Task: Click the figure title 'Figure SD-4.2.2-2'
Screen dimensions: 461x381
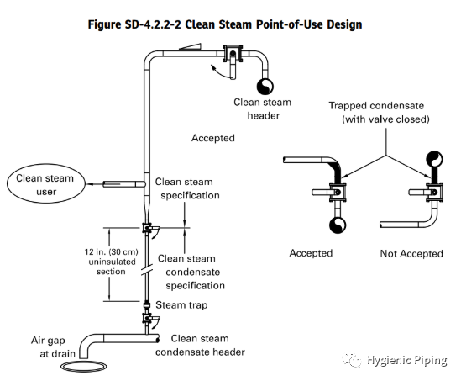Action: pyautogui.click(x=134, y=24)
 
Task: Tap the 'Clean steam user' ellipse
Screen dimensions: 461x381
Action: pyautogui.click(x=46, y=183)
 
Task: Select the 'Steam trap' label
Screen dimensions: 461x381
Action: pyautogui.click(x=181, y=305)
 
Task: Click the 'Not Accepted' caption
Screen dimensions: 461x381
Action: pyautogui.click(x=411, y=253)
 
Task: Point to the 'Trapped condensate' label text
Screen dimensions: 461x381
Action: pyautogui.click(x=376, y=106)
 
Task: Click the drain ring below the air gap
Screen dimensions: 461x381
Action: pyautogui.click(x=84, y=366)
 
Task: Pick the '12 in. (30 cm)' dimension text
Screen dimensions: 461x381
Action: pyautogui.click(x=111, y=252)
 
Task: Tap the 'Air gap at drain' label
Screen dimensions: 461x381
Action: pyautogui.click(x=53, y=347)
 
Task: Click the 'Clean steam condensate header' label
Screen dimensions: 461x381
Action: pyautogui.click(x=200, y=345)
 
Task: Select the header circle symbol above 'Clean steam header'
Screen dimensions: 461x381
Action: pyautogui.click(x=265, y=87)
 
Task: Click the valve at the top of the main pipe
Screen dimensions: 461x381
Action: pyautogui.click(x=233, y=55)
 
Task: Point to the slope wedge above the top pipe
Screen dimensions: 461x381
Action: pyautogui.click(x=191, y=46)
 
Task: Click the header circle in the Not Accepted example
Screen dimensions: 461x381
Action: pyautogui.click(x=434, y=159)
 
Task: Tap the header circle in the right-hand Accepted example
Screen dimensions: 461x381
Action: pyautogui.click(x=338, y=225)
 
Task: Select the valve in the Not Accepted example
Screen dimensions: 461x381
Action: pyautogui.click(x=433, y=193)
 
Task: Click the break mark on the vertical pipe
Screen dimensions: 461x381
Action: pyautogui.click(x=147, y=270)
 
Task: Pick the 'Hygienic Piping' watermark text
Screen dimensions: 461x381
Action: pyautogui.click(x=407, y=360)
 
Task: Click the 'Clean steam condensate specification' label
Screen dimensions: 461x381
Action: pyautogui.click(x=191, y=272)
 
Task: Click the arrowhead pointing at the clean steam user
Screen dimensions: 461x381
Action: pyautogui.click(x=89, y=184)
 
